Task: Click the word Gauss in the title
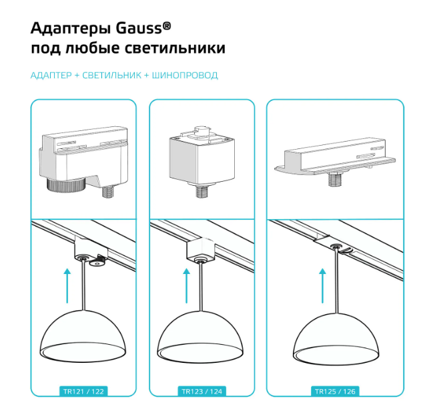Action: pos(139,28)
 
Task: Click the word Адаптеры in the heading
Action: pos(71,29)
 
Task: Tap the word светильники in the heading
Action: pos(175,48)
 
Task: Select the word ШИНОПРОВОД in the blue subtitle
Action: pos(185,76)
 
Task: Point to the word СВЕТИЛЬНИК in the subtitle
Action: pos(112,76)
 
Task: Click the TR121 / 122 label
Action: pos(83,392)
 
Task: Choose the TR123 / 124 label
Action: pos(202,392)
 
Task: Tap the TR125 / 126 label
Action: pos(335,392)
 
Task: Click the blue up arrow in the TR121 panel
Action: pos(67,285)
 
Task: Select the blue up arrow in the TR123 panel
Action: pos(187,285)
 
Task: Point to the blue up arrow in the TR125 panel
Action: pos(322,285)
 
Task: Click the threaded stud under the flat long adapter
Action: pos(336,179)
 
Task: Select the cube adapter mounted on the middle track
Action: pos(201,250)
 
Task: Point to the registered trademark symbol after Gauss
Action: pos(167,25)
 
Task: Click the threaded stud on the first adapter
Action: pos(108,191)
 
